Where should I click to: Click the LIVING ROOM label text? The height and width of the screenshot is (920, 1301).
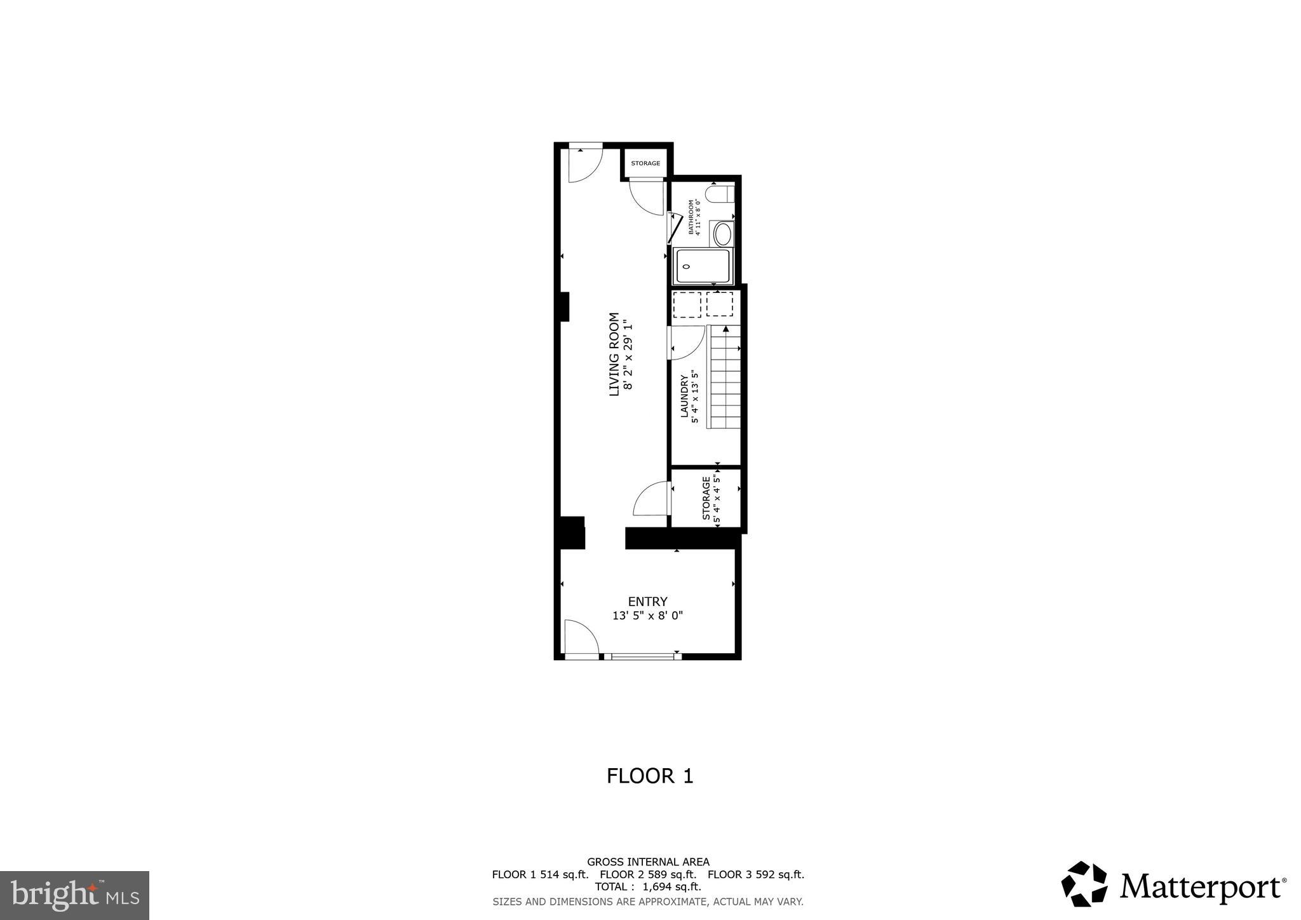pyautogui.click(x=614, y=354)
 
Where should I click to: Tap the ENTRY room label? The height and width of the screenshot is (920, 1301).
pyautogui.click(x=647, y=602)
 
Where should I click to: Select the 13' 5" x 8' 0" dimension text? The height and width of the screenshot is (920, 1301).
pyautogui.click(x=647, y=616)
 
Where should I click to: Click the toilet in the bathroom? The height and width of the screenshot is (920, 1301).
pyautogui.click(x=721, y=193)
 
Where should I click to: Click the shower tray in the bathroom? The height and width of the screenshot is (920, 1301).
pyautogui.click(x=703, y=266)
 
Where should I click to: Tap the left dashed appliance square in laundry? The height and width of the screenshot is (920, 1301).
pyautogui.click(x=687, y=304)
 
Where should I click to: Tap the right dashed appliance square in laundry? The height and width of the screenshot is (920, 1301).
pyautogui.click(x=720, y=304)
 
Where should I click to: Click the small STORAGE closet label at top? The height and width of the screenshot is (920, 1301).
pyautogui.click(x=645, y=163)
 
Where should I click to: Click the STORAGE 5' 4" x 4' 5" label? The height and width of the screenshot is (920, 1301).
pyautogui.click(x=711, y=499)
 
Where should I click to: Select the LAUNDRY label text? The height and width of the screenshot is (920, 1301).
pyautogui.click(x=684, y=396)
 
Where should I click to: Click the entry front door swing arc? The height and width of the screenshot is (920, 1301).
pyautogui.click(x=581, y=637)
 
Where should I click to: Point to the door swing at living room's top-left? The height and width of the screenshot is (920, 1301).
pyautogui.click(x=584, y=165)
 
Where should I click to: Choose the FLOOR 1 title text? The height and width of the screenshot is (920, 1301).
pyautogui.click(x=649, y=776)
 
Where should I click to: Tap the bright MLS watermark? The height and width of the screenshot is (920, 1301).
pyautogui.click(x=74, y=895)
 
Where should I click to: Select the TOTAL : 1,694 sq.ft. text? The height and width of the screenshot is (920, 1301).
pyautogui.click(x=647, y=887)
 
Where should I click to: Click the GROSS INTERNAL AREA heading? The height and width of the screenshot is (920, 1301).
pyautogui.click(x=647, y=862)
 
